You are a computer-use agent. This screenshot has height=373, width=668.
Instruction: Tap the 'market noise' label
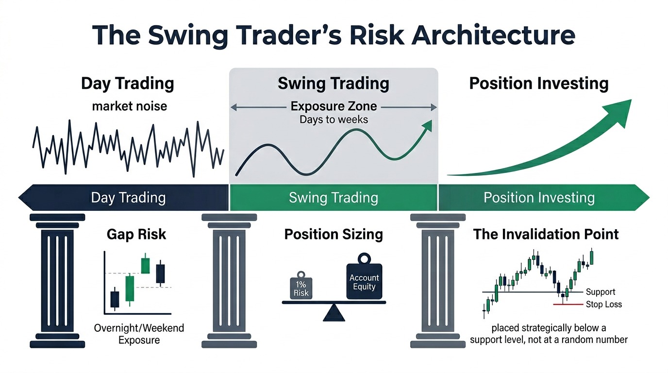tap(129, 105)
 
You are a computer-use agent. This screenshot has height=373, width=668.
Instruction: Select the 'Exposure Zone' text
tap(334, 106)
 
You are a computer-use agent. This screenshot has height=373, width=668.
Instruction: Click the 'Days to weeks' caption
tap(334, 119)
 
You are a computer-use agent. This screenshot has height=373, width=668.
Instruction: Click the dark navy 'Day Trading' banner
tap(128, 198)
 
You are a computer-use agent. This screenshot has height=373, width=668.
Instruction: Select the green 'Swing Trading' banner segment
tap(334, 198)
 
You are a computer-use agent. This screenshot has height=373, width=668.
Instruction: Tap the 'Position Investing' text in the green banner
tap(539, 198)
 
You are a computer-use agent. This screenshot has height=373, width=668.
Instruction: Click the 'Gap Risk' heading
tap(136, 235)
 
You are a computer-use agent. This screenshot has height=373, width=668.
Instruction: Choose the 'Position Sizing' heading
tap(334, 235)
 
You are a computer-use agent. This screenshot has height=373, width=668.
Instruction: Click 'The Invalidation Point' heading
tap(546, 235)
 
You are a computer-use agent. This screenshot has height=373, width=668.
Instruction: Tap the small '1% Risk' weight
tap(301, 287)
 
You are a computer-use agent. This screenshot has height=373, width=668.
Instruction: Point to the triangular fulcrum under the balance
tap(334, 313)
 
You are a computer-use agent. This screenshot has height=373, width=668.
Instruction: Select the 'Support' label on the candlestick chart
tap(601, 292)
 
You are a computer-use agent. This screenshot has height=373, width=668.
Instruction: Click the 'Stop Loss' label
tap(603, 305)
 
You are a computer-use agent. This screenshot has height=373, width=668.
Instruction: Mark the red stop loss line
tap(568, 305)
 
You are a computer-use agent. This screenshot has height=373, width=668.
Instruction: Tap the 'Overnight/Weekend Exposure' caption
tap(139, 334)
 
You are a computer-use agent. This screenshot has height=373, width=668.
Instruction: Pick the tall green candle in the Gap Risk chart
tap(129, 288)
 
